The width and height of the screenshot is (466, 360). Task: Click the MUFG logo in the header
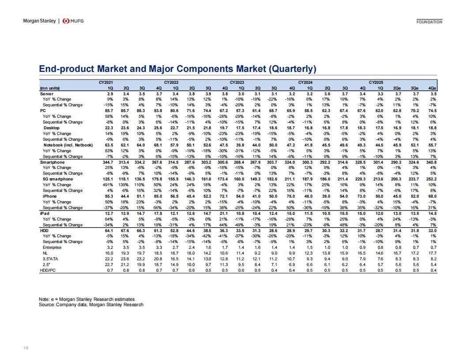click(73, 21)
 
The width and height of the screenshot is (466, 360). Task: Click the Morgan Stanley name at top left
click(39, 21)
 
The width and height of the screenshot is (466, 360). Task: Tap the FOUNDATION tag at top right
click(429, 22)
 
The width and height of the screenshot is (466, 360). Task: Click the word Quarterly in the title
click(292, 69)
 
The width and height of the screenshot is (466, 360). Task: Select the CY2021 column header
click(106, 82)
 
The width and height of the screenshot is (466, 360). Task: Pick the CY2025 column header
click(376, 82)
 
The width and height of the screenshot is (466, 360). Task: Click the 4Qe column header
click(432, 88)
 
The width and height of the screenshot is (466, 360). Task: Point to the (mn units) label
click(49, 88)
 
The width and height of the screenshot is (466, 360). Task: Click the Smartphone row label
click(53, 162)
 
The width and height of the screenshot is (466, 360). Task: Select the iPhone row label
click(49, 196)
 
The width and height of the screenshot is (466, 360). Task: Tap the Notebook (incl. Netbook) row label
click(68, 145)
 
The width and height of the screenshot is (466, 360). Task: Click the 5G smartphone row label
click(58, 179)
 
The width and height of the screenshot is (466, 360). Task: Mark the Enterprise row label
click(52, 247)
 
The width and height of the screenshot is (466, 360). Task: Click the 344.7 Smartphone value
click(108, 162)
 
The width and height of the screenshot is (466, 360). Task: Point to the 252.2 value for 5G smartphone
click(431, 179)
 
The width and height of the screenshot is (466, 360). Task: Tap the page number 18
click(26, 348)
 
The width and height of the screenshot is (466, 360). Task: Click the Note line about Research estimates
click(87, 299)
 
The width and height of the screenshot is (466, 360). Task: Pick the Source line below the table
click(91, 304)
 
